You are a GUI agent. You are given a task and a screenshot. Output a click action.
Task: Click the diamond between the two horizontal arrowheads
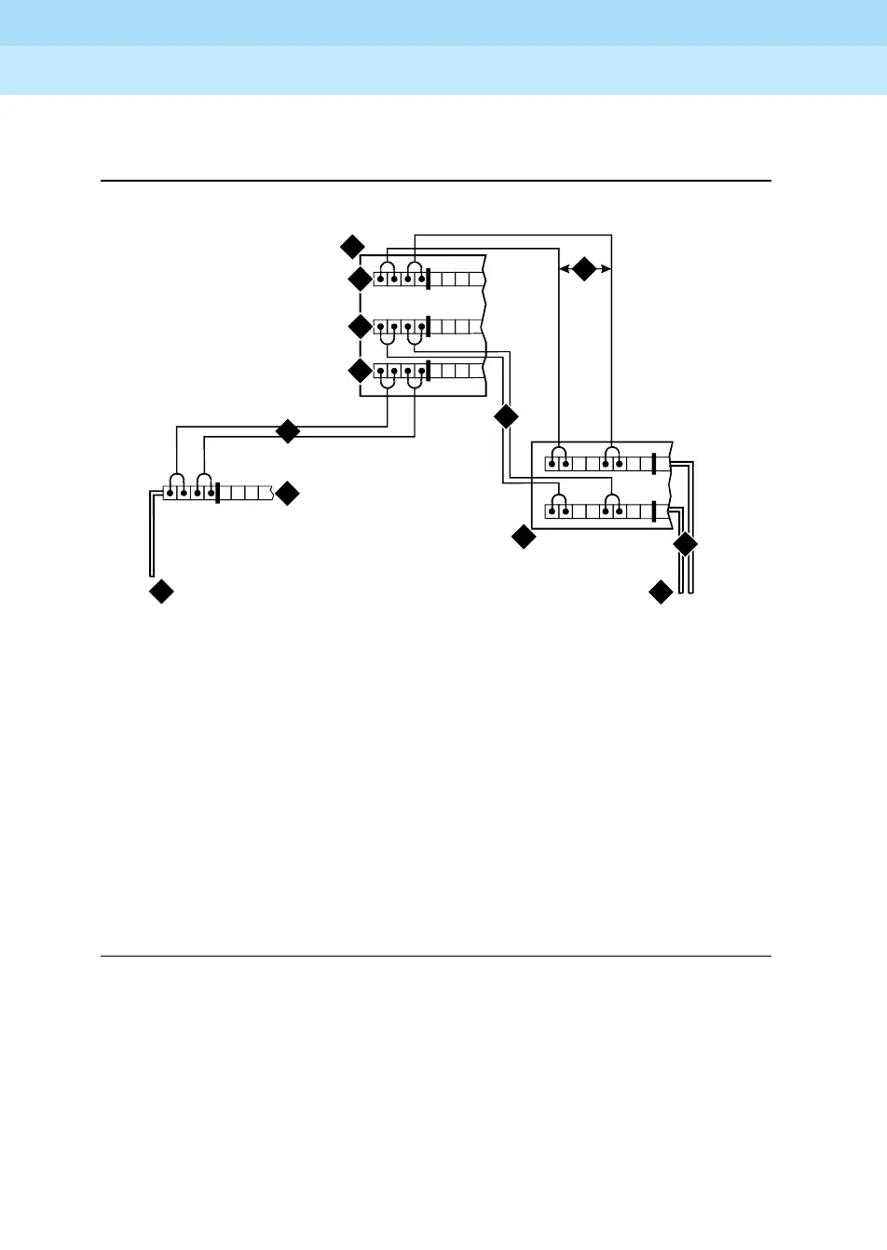click(x=583, y=269)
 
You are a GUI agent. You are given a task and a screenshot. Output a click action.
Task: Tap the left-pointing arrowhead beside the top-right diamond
click(x=563, y=269)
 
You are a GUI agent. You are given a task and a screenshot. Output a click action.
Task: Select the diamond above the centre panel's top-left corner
click(x=351, y=247)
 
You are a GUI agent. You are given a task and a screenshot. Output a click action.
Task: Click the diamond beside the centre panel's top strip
click(x=360, y=279)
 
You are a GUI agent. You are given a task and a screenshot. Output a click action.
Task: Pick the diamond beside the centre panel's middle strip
click(x=360, y=327)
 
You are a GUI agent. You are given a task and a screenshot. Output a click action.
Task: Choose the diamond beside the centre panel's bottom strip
click(x=360, y=372)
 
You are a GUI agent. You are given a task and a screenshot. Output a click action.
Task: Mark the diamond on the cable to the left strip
click(x=288, y=431)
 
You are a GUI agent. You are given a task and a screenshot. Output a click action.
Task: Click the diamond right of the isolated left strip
click(x=288, y=494)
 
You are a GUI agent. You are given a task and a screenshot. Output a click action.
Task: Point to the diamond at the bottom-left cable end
click(x=161, y=591)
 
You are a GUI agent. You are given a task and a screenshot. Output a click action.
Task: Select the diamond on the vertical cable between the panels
click(x=506, y=416)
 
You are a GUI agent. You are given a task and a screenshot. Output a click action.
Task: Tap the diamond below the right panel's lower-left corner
click(x=524, y=537)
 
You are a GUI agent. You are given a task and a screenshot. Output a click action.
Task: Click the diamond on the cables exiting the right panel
click(x=685, y=544)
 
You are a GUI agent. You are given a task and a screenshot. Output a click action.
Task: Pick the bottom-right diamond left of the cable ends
click(x=661, y=591)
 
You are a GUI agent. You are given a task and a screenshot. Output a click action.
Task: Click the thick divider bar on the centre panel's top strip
click(x=429, y=279)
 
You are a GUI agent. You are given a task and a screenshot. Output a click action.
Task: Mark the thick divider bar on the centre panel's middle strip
click(x=429, y=327)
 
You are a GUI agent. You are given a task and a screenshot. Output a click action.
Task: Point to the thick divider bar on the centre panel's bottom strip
click(x=429, y=372)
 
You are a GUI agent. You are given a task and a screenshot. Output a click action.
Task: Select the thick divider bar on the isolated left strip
click(x=217, y=493)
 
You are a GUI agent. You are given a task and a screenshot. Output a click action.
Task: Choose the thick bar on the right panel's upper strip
click(x=655, y=464)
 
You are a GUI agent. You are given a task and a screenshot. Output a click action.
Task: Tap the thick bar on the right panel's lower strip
click(x=655, y=511)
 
